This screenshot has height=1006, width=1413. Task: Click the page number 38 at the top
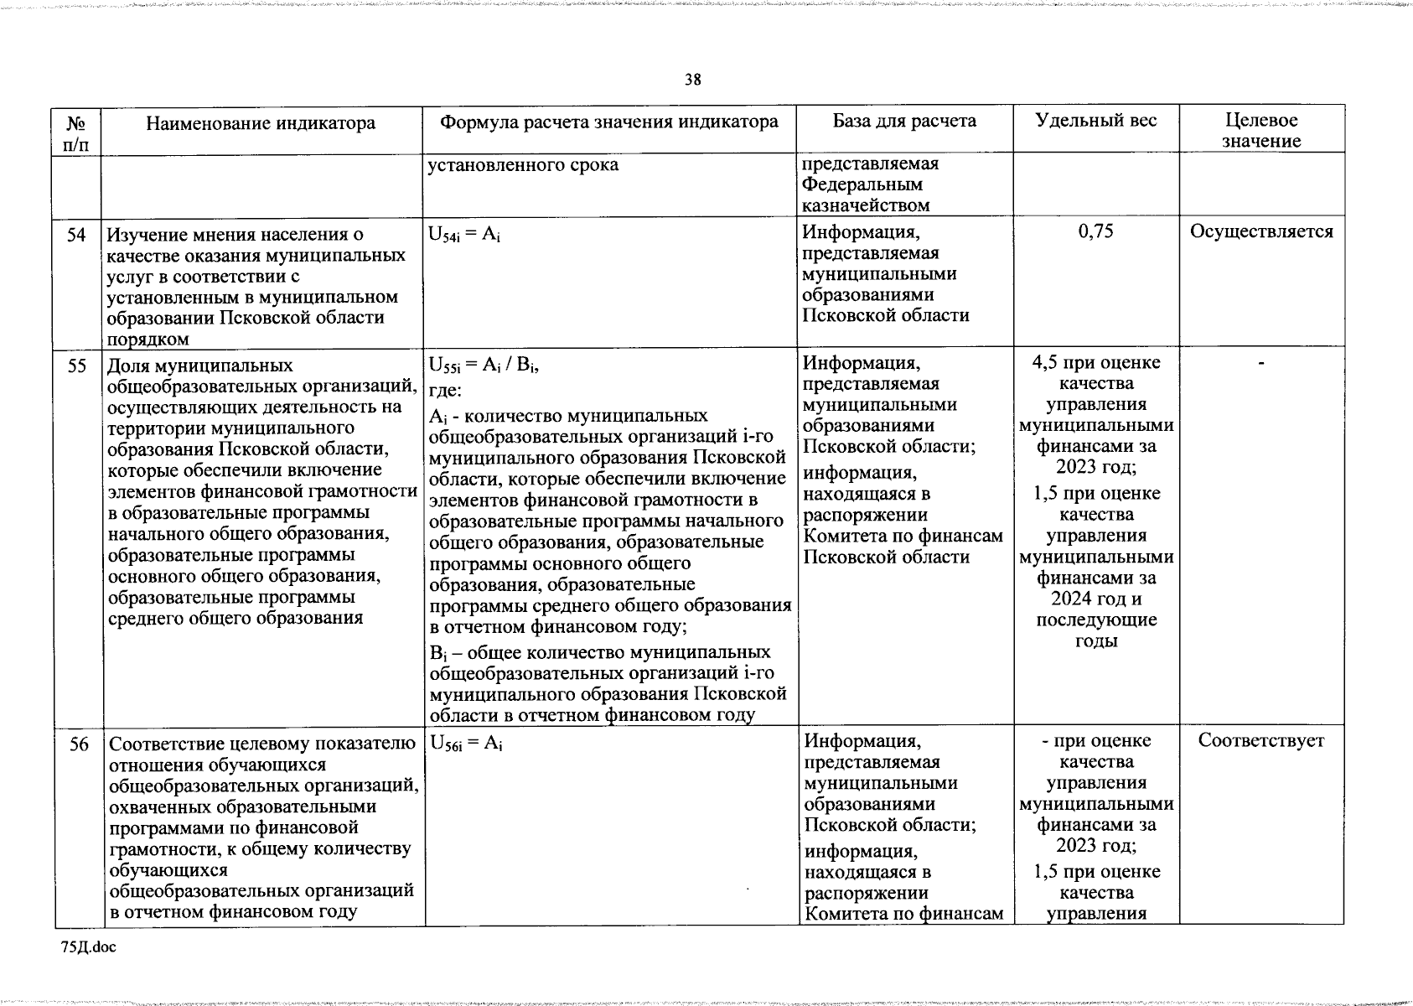point(692,80)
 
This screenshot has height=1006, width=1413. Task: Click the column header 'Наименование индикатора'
point(261,124)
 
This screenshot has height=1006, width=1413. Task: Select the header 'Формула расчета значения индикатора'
point(609,122)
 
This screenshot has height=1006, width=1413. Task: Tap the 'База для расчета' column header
point(904,121)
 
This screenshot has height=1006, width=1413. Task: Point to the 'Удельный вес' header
point(1095,121)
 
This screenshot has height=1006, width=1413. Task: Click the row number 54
point(76,235)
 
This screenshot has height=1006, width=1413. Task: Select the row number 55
point(76,366)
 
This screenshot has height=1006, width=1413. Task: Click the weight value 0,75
point(1095,231)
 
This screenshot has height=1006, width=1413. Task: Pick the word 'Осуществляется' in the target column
point(1261,231)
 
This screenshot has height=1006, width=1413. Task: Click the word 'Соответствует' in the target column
point(1260,740)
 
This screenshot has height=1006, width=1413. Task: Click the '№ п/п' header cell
point(76,132)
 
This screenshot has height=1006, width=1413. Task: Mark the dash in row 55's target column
point(1260,364)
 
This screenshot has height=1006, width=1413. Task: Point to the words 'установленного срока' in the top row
point(523,165)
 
